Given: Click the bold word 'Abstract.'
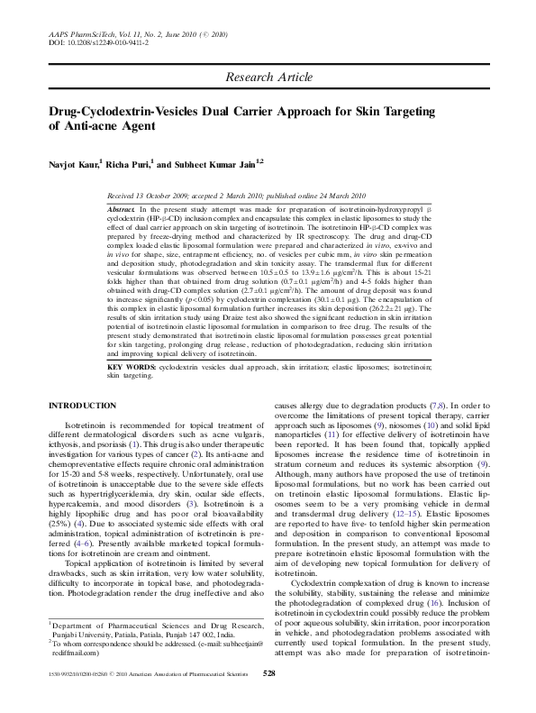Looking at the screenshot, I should coord(122,208).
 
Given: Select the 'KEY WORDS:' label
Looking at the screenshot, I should coord(128,368).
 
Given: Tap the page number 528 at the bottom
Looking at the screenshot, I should coord(268,699).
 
